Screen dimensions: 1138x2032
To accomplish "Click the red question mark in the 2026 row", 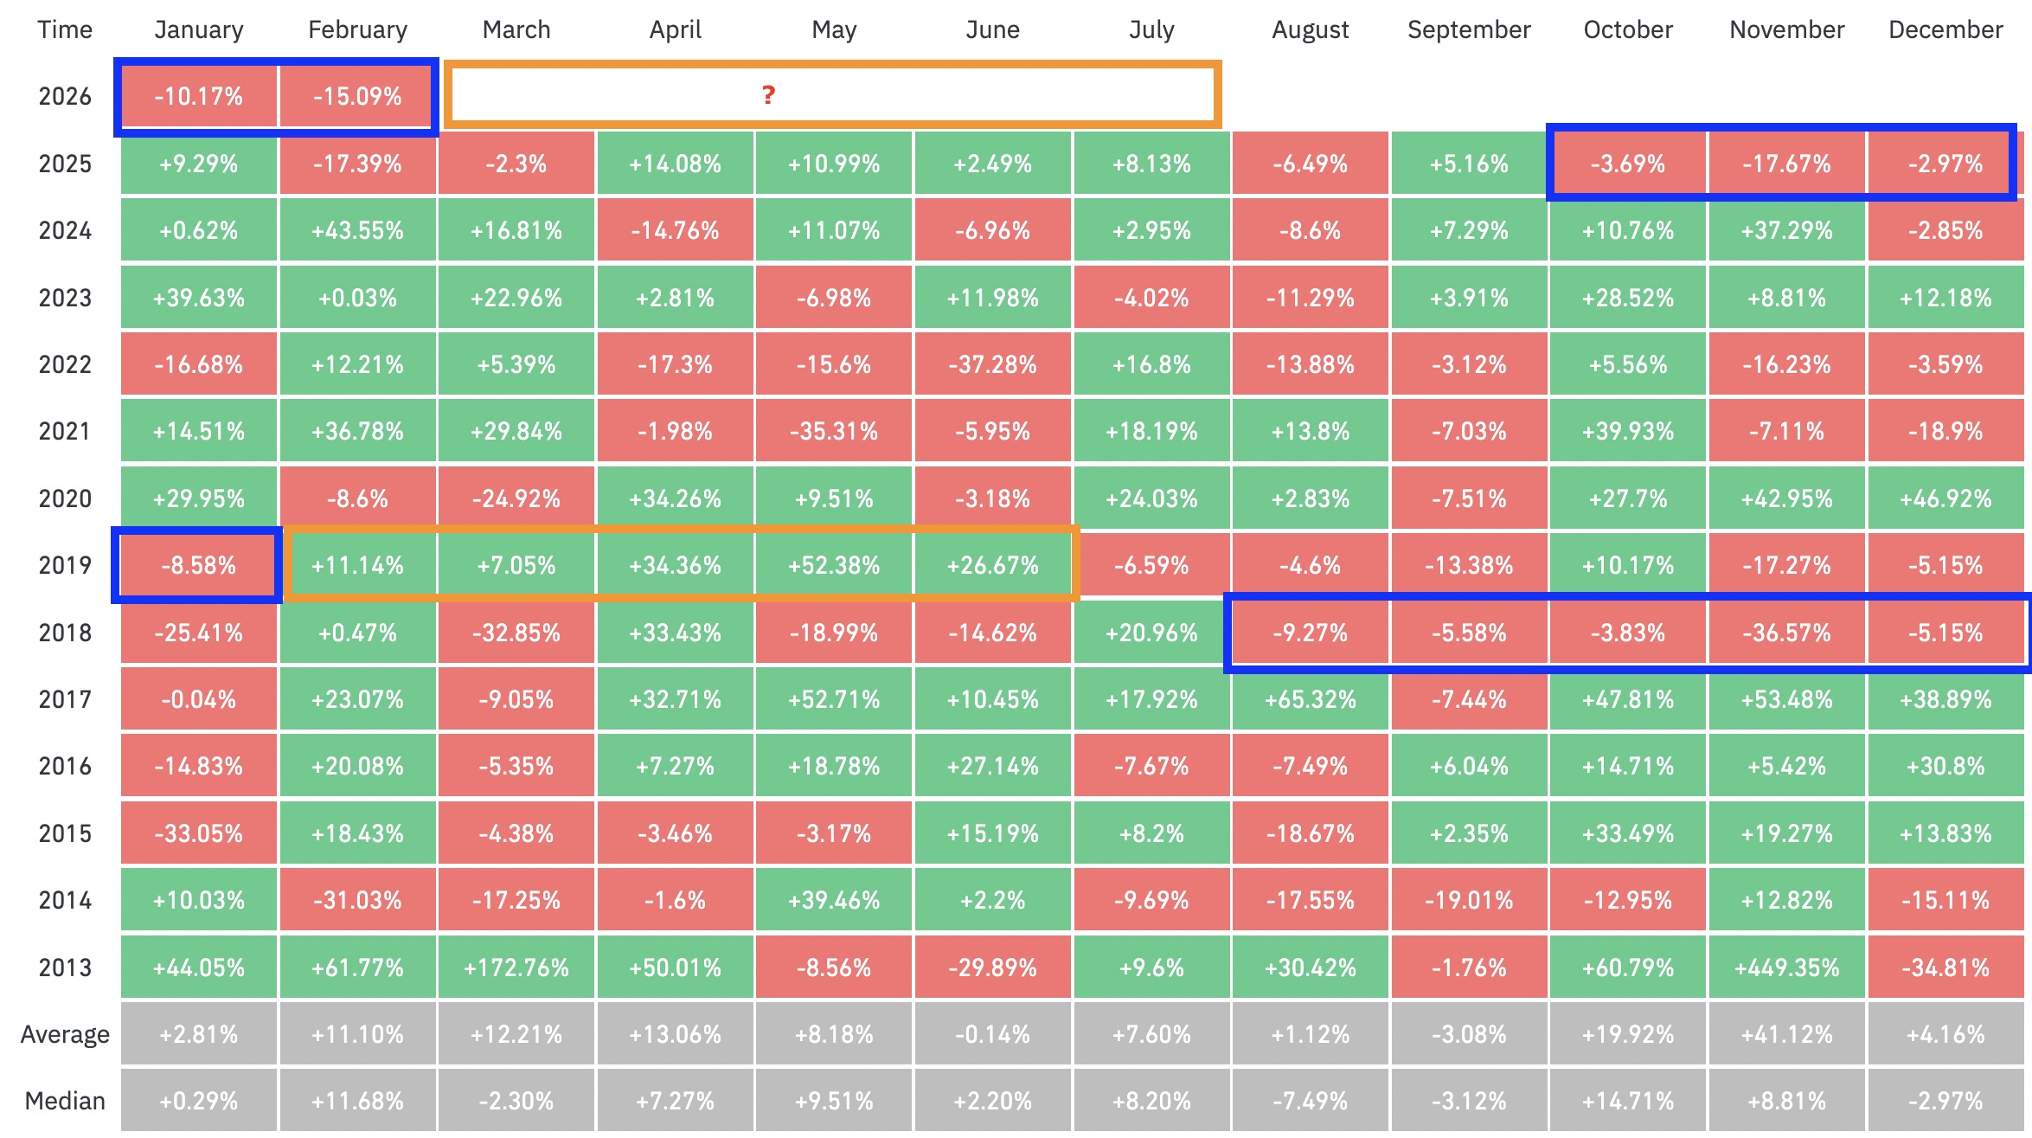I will coord(768,94).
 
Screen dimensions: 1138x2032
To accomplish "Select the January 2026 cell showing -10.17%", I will coord(199,96).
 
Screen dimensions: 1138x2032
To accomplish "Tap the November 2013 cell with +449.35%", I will coord(1786,967).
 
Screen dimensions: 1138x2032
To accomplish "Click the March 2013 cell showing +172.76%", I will coord(516,967).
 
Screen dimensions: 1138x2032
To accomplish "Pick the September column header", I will coord(1469,29).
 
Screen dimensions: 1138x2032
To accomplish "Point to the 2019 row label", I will coord(65,565).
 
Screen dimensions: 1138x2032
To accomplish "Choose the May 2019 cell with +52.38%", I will coord(834,565).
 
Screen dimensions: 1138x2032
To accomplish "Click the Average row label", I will coord(65,1034).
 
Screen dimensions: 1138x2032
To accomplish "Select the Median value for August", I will coord(1311,1101).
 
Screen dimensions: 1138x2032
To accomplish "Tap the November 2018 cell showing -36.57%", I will coord(1786,633).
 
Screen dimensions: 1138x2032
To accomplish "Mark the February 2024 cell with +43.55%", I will coord(357,230).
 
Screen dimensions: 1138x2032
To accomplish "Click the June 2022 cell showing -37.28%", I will coord(993,364).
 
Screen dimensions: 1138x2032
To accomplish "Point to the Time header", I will coord(65,29).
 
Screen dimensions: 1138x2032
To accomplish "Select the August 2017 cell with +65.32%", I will coord(1311,699).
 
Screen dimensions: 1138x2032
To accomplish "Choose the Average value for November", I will coord(1786,1034).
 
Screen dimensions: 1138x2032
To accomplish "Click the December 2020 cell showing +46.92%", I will coord(1945,498).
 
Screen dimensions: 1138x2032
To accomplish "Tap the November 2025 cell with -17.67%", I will coord(1786,164).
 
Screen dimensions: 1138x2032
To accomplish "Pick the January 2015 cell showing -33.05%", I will coord(199,833).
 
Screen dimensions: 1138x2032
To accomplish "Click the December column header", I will coord(1945,29).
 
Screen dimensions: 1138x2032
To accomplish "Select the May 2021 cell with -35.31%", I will coord(834,431).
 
